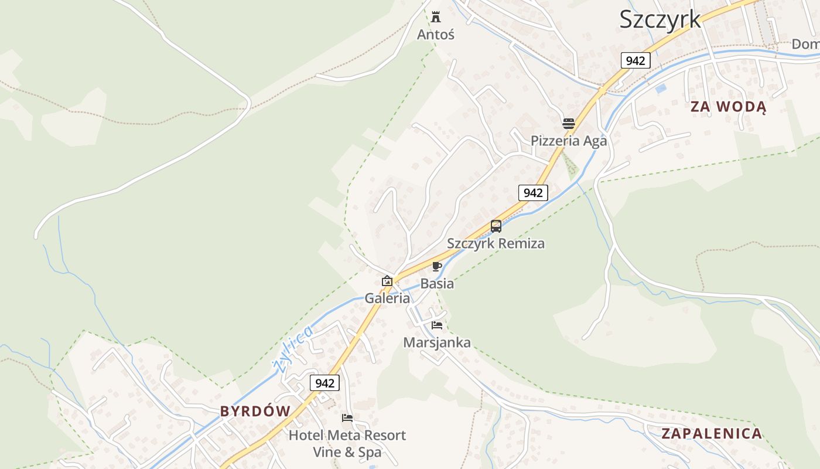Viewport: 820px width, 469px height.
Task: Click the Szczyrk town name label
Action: (x=660, y=19)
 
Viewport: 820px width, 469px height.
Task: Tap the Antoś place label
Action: (x=435, y=35)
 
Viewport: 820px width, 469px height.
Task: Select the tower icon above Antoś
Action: (x=435, y=16)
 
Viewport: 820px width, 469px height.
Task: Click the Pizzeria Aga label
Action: (x=569, y=141)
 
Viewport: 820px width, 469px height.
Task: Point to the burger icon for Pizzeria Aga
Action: (x=568, y=123)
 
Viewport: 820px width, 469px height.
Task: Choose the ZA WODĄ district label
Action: (x=728, y=107)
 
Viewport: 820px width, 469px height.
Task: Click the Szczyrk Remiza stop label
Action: (x=496, y=243)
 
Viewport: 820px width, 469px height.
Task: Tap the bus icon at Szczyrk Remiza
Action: (x=496, y=226)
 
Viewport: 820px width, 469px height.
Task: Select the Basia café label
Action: (x=437, y=284)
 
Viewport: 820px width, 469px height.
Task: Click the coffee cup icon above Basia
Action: (x=436, y=267)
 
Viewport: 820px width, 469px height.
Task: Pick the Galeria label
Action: (x=387, y=298)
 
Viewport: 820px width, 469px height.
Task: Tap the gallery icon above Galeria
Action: (x=387, y=281)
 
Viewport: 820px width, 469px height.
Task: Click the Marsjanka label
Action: (x=437, y=342)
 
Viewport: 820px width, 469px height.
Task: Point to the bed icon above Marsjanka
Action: (x=437, y=325)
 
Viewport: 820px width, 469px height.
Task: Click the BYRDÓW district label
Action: (x=255, y=412)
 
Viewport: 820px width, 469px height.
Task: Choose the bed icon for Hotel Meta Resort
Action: (x=347, y=418)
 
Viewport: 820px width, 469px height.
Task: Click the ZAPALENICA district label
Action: (x=712, y=434)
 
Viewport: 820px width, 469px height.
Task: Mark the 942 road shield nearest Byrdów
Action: (x=324, y=383)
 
